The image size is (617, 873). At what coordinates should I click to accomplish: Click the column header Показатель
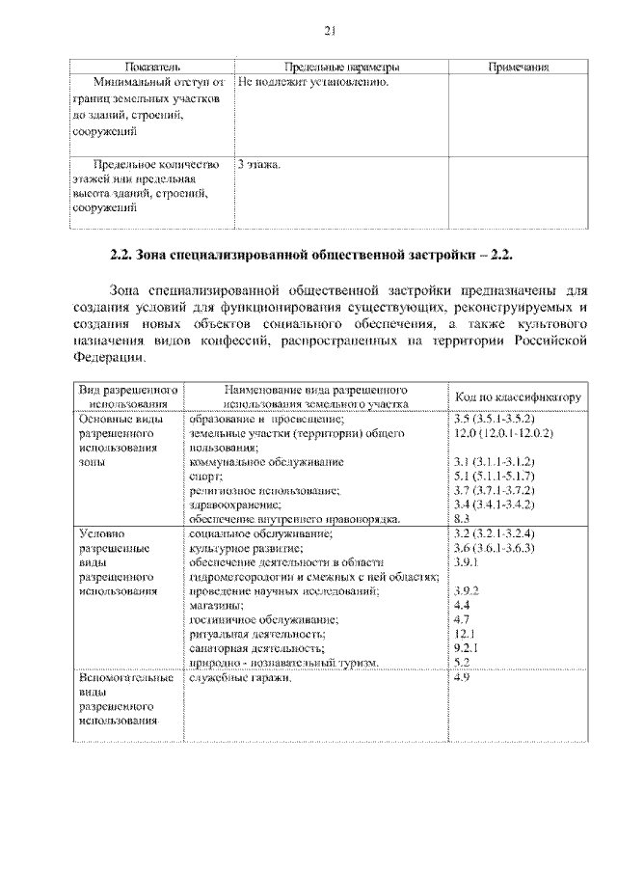(x=152, y=68)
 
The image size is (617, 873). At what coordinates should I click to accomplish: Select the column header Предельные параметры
(x=343, y=68)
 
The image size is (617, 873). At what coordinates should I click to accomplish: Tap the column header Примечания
(x=518, y=68)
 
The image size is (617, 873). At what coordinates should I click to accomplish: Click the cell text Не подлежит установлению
(x=313, y=83)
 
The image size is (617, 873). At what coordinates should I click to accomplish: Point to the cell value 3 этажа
(x=259, y=165)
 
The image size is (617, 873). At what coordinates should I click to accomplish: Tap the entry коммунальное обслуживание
(x=266, y=462)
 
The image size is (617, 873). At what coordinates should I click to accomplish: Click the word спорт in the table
(x=205, y=477)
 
